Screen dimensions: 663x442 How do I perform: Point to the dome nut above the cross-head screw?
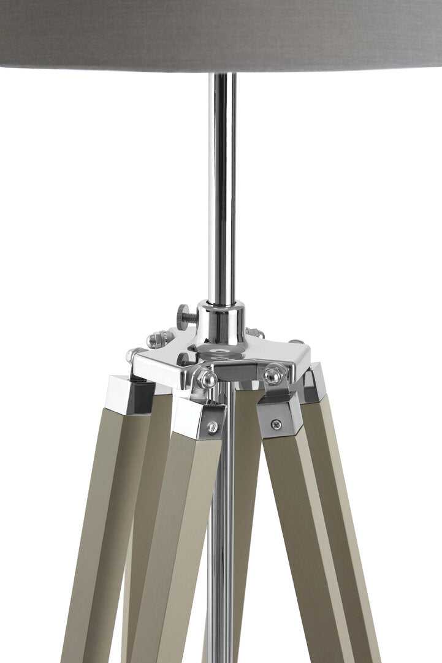point(273,375)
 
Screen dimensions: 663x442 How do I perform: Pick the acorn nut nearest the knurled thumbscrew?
point(154,338)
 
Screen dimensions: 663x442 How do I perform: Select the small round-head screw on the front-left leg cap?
point(211,426)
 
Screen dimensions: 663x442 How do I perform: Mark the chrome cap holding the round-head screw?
point(196,420)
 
